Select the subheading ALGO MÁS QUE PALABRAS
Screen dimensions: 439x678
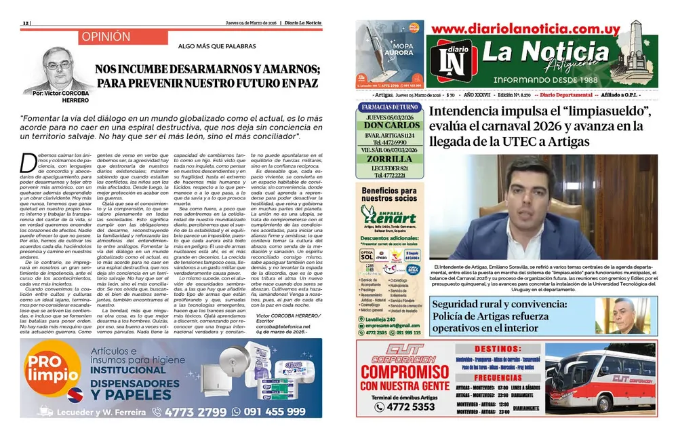pos(207,47)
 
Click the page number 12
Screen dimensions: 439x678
pos(26,22)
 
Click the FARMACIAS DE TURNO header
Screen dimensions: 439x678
pos(390,107)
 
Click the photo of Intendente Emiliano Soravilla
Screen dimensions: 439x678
pos(542,208)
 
